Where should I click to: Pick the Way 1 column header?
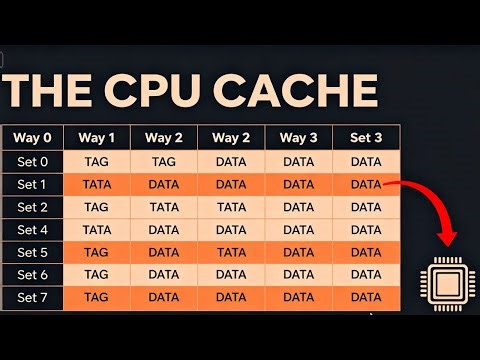coord(97,137)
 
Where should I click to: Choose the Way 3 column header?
coord(299,137)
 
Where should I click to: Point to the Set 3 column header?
coord(366,137)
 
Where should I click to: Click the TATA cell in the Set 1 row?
coord(97,183)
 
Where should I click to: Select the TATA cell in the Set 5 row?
coord(231,252)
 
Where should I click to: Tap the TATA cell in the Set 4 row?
coord(97,229)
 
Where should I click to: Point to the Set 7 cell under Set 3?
coord(366,297)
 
